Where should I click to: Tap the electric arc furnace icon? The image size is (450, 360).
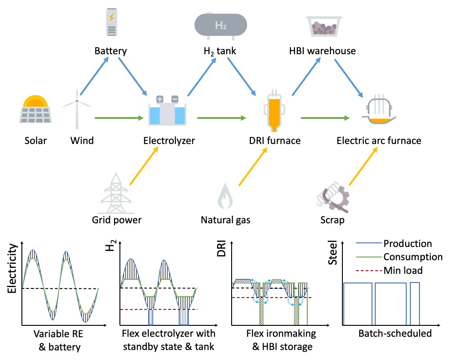click(378, 112)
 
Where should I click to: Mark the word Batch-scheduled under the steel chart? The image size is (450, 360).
click(394, 334)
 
